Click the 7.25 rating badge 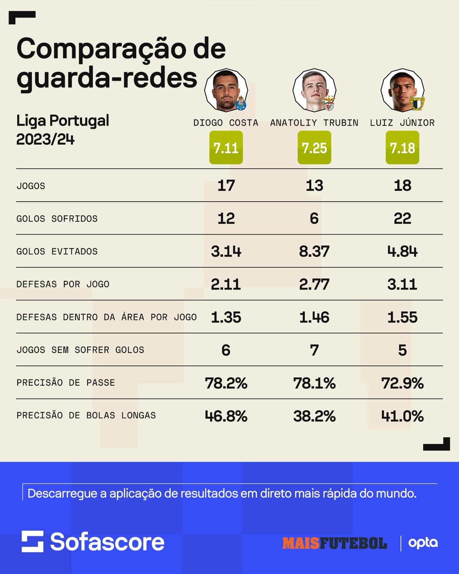[314, 147]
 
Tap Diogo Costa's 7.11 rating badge [226, 147]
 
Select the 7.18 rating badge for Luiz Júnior [402, 147]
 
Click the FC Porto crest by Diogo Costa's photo [241, 103]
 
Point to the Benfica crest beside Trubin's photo [330, 103]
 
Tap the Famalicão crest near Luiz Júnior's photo [417, 103]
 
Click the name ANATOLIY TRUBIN [314, 123]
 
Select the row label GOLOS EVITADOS [57, 251]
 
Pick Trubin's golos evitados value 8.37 [314, 251]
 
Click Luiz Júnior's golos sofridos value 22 [402, 218]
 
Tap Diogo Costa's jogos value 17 [226, 185]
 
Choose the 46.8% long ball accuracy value [226, 415]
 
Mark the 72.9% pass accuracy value [402, 383]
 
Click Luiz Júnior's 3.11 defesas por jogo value [402, 284]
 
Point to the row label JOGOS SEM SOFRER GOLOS [80, 350]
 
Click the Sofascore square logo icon [33, 541]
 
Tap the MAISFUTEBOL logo [335, 543]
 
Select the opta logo [423, 543]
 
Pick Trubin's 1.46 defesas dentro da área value [314, 317]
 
